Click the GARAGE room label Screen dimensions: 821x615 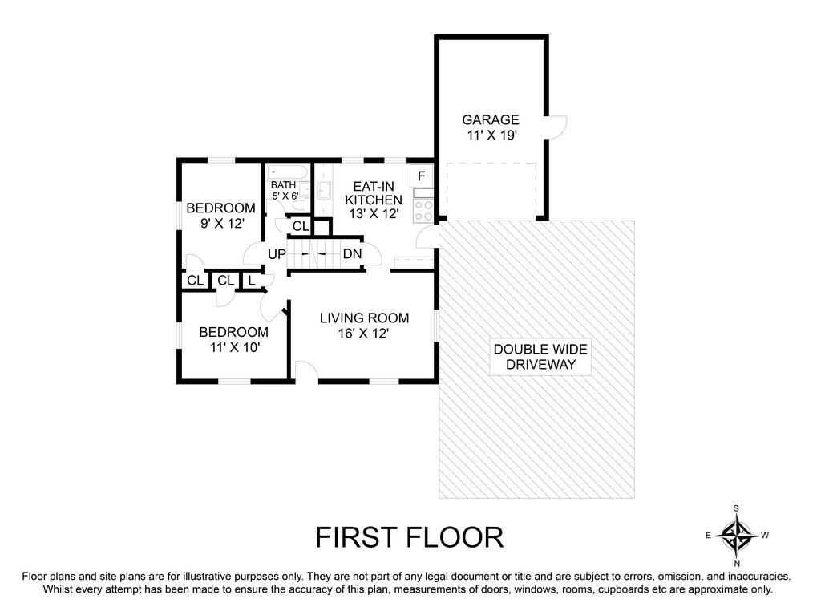490,120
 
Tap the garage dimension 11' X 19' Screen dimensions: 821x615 492,136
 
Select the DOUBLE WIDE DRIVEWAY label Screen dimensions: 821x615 540,357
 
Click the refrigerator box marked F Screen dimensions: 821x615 422,176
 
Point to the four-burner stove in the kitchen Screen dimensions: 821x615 423,211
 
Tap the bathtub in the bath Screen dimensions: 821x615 287,172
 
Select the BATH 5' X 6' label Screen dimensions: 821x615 285,191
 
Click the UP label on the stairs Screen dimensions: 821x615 277,254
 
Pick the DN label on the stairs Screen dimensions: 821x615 353,254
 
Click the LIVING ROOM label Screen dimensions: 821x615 365,318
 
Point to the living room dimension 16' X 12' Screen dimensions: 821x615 363,334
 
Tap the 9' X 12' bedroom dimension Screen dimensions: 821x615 223,224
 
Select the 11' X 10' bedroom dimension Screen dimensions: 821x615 235,346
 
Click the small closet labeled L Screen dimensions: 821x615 252,281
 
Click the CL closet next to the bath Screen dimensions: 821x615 300,226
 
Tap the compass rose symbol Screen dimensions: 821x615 737,536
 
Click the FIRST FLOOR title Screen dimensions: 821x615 410,537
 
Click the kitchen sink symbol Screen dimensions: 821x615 324,190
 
